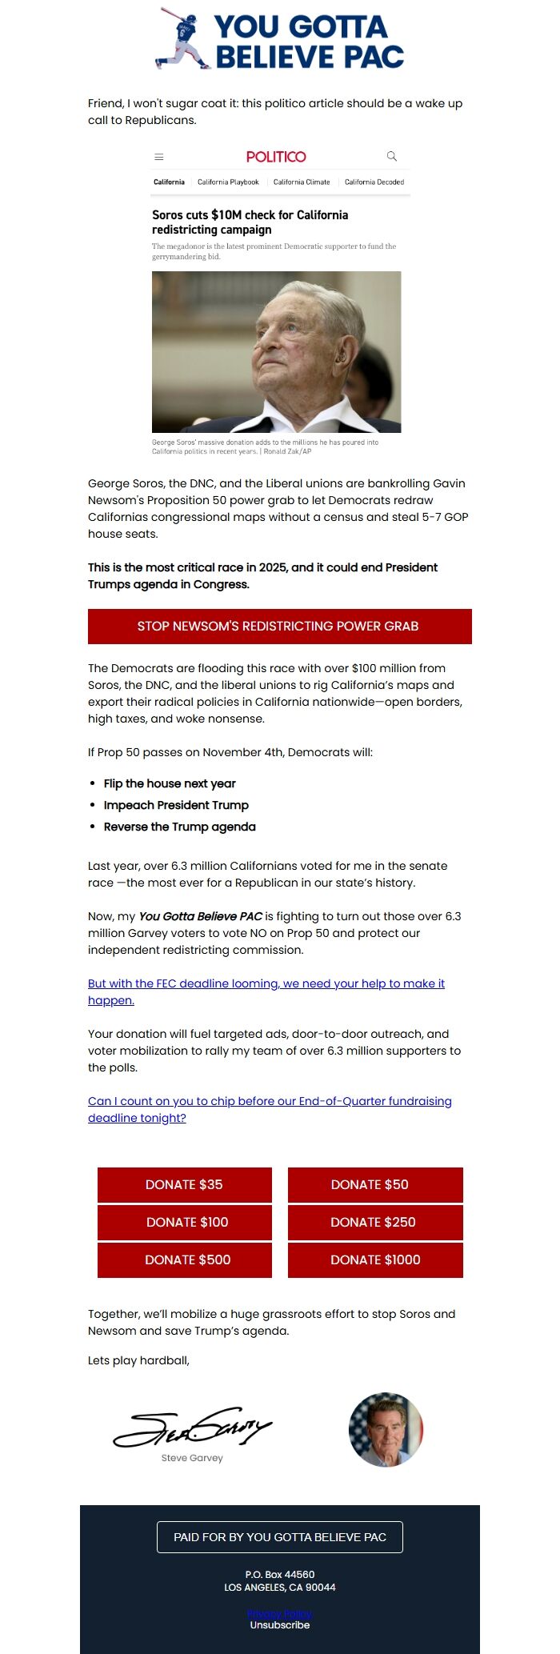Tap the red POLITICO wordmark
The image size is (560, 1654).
click(276, 157)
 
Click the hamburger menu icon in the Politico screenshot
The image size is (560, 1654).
click(159, 157)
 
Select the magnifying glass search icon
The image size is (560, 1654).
click(391, 156)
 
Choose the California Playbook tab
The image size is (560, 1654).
click(228, 182)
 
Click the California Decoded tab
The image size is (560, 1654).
click(374, 182)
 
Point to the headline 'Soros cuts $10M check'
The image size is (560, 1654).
click(250, 222)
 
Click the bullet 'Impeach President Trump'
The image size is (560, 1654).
click(176, 805)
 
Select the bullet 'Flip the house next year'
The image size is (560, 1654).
click(170, 783)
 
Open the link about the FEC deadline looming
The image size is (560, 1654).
click(266, 991)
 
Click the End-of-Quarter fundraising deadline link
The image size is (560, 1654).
click(270, 1109)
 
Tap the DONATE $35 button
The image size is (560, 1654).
click(184, 1184)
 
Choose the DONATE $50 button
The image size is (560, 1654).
click(374, 1184)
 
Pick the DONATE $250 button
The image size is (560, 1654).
click(374, 1222)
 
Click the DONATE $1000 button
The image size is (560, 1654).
click(374, 1260)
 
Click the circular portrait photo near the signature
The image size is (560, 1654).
click(386, 1429)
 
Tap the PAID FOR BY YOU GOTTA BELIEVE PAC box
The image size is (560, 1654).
click(280, 1537)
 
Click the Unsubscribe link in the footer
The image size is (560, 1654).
click(280, 1625)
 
